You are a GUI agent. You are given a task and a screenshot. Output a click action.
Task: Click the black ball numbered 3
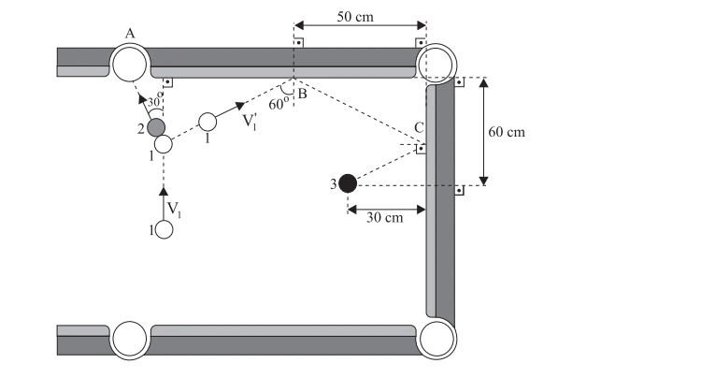click(348, 183)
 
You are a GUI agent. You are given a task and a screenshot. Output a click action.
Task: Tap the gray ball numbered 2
click(156, 127)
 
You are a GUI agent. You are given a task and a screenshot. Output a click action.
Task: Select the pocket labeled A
click(130, 64)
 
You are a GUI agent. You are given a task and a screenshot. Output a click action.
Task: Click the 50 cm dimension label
click(355, 17)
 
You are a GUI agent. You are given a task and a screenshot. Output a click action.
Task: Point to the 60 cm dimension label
click(507, 132)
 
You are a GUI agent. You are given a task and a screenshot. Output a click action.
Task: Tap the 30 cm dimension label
click(384, 217)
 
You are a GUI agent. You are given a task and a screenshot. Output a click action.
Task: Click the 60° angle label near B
click(277, 104)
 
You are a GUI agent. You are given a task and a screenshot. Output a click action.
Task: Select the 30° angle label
click(154, 101)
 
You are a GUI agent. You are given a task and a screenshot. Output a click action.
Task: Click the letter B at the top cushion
click(302, 94)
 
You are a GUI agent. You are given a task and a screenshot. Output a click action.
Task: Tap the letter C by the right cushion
click(419, 128)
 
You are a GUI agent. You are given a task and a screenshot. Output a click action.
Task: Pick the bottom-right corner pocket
click(436, 339)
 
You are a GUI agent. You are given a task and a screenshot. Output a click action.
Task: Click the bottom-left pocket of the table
click(130, 340)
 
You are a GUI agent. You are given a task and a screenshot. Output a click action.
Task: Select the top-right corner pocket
click(436, 64)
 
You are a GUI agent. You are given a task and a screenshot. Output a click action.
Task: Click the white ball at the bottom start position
click(165, 230)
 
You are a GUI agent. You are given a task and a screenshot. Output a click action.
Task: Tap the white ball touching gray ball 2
click(164, 144)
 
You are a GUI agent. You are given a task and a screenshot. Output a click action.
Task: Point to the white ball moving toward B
click(207, 122)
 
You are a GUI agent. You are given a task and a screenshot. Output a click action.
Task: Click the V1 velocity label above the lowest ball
click(175, 209)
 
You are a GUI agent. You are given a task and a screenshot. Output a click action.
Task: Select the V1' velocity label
click(250, 122)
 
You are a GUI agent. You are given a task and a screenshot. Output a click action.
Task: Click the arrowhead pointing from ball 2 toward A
click(141, 98)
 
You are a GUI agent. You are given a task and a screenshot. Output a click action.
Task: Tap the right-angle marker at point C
click(421, 149)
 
